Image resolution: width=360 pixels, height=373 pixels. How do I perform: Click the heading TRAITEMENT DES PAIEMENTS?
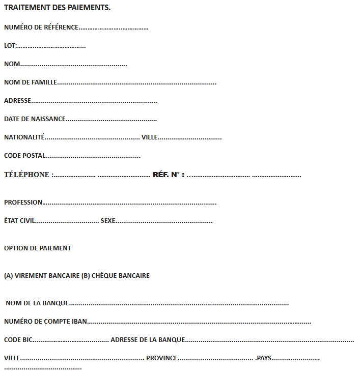[x=57, y=8]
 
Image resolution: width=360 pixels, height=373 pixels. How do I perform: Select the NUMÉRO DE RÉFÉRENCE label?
[x=41, y=27]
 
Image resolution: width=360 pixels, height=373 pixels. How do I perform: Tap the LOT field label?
[x=10, y=46]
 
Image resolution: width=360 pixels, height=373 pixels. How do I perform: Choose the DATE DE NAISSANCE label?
[x=35, y=119]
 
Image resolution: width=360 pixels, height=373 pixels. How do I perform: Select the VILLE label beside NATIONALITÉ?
[x=150, y=137]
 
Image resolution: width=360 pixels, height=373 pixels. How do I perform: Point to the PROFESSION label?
[x=23, y=203]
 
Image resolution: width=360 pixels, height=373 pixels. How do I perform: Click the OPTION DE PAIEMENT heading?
[x=38, y=248]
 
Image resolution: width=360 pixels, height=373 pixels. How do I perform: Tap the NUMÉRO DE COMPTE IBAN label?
[x=45, y=322]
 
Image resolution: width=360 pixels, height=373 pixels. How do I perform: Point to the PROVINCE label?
[x=161, y=358]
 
